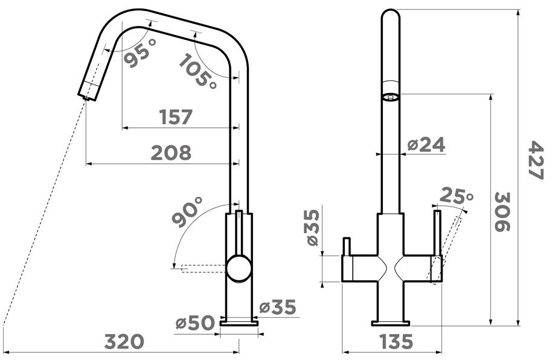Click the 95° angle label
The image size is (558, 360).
click(140, 53)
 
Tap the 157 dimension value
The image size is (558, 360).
click(176, 117)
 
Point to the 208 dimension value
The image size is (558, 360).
click(171, 153)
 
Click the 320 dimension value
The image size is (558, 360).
click(124, 342)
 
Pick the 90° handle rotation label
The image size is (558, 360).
click(187, 212)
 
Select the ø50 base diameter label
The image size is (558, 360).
click(196, 323)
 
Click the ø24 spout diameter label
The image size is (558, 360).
click(426, 145)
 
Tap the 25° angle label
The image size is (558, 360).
click(457, 196)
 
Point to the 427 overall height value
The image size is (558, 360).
click(535, 160)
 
